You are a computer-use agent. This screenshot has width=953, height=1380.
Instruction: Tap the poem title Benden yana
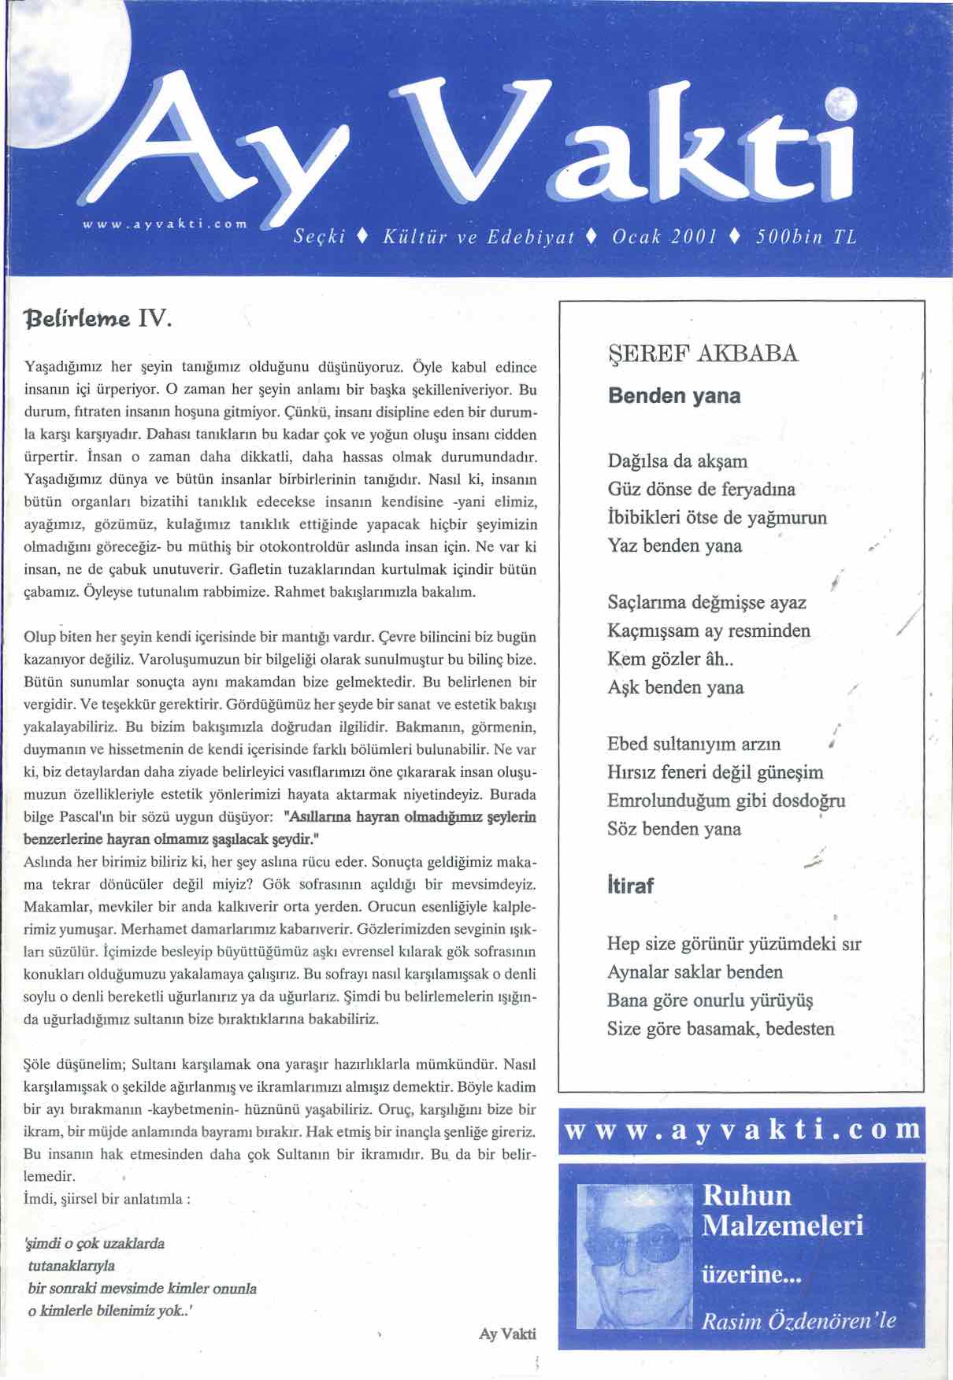pyautogui.click(x=674, y=395)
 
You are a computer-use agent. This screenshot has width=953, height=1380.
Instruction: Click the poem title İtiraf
pyautogui.click(x=630, y=886)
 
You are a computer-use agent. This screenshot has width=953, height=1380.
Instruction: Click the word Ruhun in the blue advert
pyautogui.click(x=747, y=1195)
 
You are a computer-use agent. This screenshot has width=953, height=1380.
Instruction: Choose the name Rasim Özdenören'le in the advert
pyautogui.click(x=799, y=1320)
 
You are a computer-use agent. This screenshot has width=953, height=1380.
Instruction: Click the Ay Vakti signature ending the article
pyautogui.click(x=507, y=1334)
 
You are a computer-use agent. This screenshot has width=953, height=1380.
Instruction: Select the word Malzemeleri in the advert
pyautogui.click(x=782, y=1226)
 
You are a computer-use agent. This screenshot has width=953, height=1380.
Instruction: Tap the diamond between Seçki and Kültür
pyautogui.click(x=359, y=237)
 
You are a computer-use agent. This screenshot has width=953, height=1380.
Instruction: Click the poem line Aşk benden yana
pyautogui.click(x=676, y=687)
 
